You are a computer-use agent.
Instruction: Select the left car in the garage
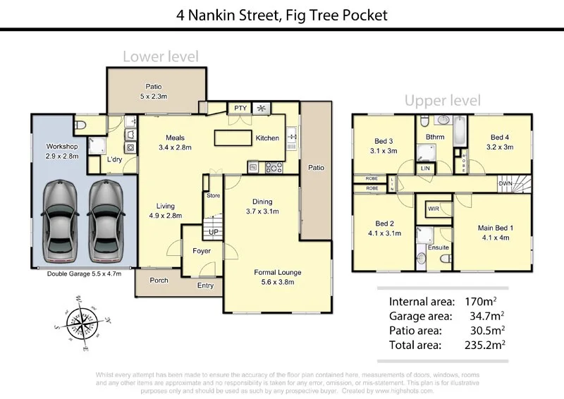click(x=59, y=219)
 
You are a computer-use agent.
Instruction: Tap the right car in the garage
click(x=107, y=219)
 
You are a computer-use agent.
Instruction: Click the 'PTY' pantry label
click(x=240, y=108)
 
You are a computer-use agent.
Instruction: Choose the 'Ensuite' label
click(x=439, y=247)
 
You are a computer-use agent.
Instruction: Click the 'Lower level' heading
click(x=160, y=56)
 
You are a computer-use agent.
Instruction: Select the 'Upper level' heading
click(x=442, y=100)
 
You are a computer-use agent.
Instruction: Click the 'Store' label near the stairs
click(x=212, y=195)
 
